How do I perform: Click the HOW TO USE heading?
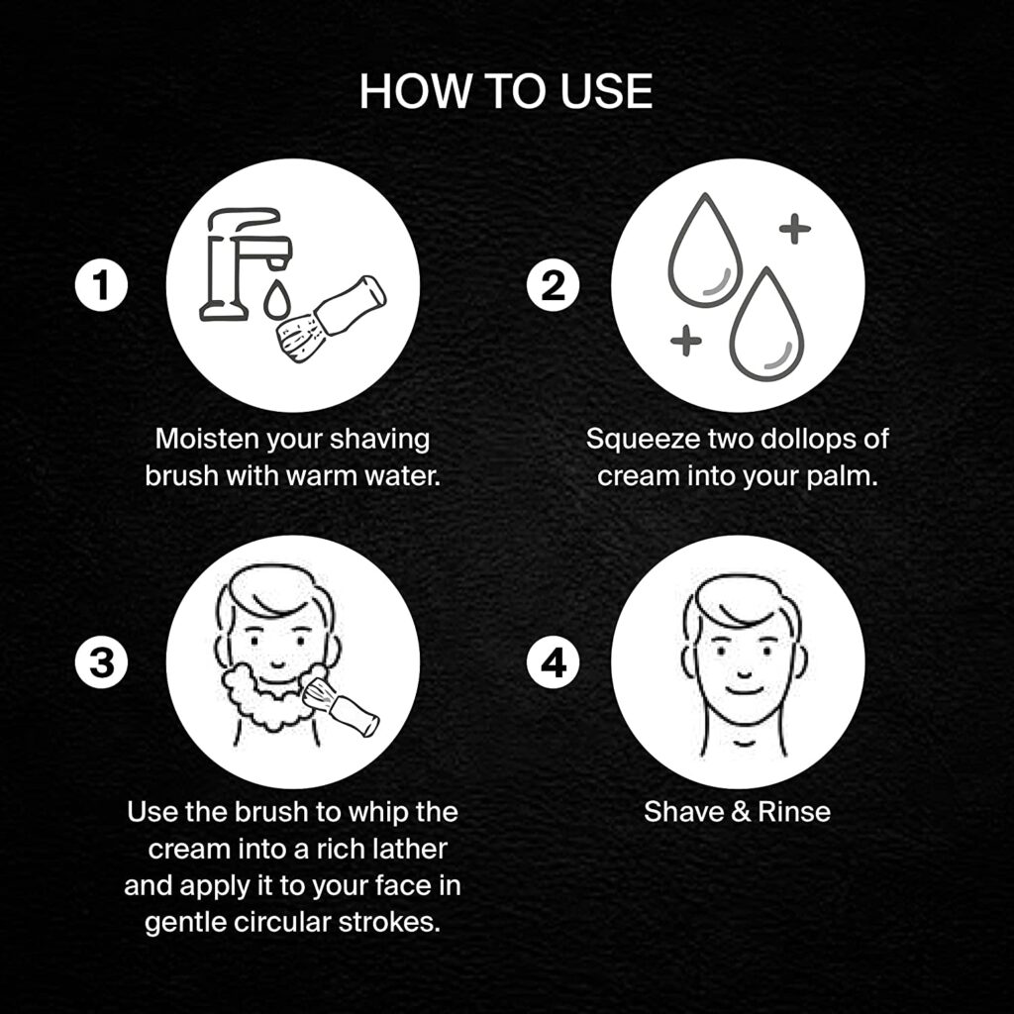(x=506, y=91)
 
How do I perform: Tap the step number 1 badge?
(x=102, y=284)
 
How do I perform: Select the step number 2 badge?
(x=553, y=284)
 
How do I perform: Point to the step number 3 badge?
(x=102, y=662)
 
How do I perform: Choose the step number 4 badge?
(x=553, y=662)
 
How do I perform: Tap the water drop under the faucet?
(x=277, y=299)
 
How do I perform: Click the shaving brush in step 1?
(x=331, y=318)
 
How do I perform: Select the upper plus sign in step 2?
(x=795, y=229)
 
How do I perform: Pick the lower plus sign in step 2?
(x=686, y=340)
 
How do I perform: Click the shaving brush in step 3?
(x=341, y=707)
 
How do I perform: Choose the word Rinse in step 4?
(x=794, y=812)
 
